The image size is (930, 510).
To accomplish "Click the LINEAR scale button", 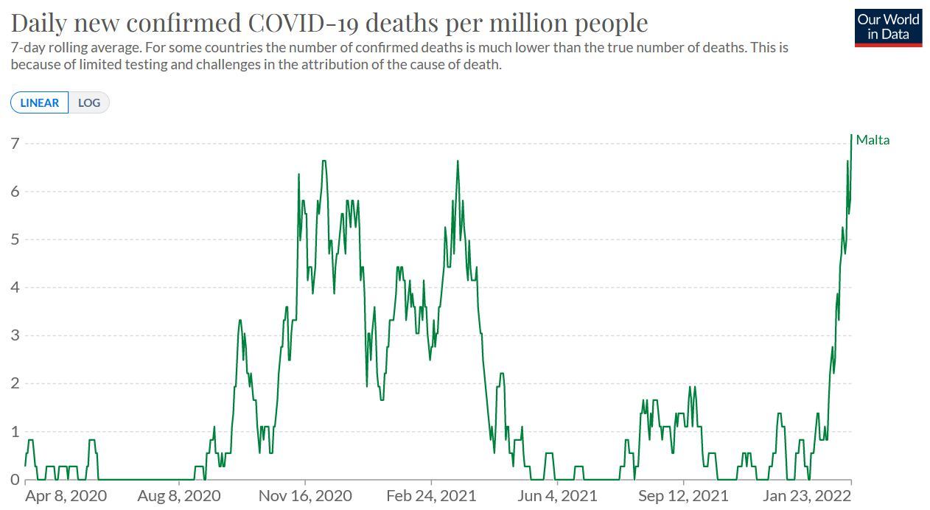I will coord(40,102).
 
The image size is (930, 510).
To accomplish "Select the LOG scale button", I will coord(89,102).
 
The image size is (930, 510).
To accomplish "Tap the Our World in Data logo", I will coord(888,27).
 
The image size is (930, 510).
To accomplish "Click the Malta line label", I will coord(873,140).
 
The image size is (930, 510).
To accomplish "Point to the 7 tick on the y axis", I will coord(15,143).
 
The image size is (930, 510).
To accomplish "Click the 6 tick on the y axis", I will coord(15,192).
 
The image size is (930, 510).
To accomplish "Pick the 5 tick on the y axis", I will coord(15,240).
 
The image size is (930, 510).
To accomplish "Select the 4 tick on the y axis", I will coord(15,287).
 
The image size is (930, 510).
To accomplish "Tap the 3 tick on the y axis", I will coord(15,335).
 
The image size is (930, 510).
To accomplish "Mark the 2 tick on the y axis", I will coord(15,383).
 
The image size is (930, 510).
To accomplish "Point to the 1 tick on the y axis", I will coord(15,432).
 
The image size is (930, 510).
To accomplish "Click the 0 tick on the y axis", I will coord(15,480).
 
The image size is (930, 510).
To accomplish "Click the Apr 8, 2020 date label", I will coord(66,496).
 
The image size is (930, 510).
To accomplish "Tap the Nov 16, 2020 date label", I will coord(305,496).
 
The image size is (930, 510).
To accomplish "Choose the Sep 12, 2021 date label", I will coord(683,496).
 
